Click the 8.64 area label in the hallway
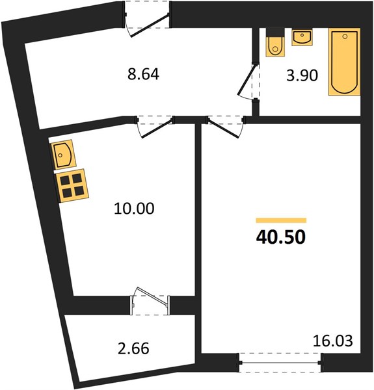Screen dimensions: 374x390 pos(143,74)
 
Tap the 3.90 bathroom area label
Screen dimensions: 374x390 pos(302,75)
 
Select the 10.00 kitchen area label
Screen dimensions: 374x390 pos(134,209)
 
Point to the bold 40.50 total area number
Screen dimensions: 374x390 pos(281,237)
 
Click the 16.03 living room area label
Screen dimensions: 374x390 pos(332,341)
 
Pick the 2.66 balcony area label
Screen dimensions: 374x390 pos(133,348)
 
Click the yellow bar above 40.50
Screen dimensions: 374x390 pos(281,220)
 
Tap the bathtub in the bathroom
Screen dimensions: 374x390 pos(344,62)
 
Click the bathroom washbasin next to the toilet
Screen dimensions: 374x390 pos(302,37)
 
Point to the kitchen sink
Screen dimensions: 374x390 pos(63,155)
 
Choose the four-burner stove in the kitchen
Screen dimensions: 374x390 pos(72,185)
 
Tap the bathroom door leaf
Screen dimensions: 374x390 pos(247,79)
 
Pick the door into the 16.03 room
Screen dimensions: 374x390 pos(223,128)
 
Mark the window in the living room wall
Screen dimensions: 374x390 pos(280,363)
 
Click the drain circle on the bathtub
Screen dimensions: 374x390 pos(345,36)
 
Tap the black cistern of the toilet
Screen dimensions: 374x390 pos(275,32)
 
